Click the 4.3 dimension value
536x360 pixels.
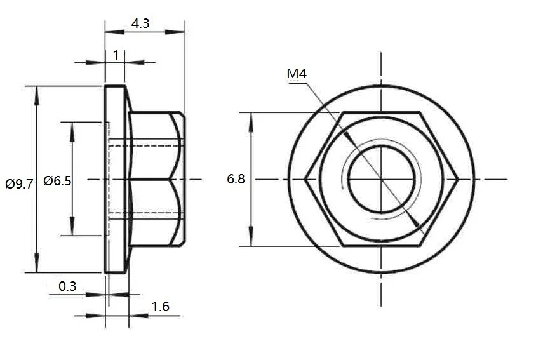tap(140, 23)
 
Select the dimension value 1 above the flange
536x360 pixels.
tap(116, 55)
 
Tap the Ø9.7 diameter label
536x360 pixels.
tap(18, 184)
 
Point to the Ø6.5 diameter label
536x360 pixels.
tap(57, 181)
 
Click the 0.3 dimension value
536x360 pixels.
tap(67, 286)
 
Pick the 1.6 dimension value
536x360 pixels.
tap(161, 307)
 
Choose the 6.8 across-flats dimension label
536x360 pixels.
tap(236, 180)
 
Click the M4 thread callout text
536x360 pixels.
tap(297, 74)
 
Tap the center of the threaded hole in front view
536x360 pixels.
tap(382, 179)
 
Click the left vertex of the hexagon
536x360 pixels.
tap(304, 179)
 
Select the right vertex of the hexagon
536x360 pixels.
tap(459, 179)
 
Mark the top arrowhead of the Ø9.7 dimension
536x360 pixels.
tap(37, 92)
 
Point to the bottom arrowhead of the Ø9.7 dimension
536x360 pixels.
tap(37, 266)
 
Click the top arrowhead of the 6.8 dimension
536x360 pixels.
tap(251, 119)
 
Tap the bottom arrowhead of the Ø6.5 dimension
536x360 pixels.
tap(72, 229)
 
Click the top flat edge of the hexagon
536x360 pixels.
tap(382, 113)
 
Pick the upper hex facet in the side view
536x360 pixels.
tap(156, 146)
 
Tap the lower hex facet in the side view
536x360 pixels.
tap(156, 213)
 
